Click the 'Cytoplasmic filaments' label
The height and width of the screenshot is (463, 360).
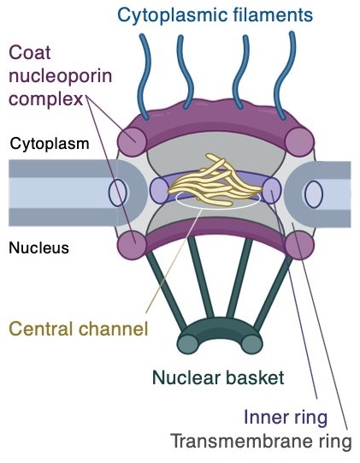214,15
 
